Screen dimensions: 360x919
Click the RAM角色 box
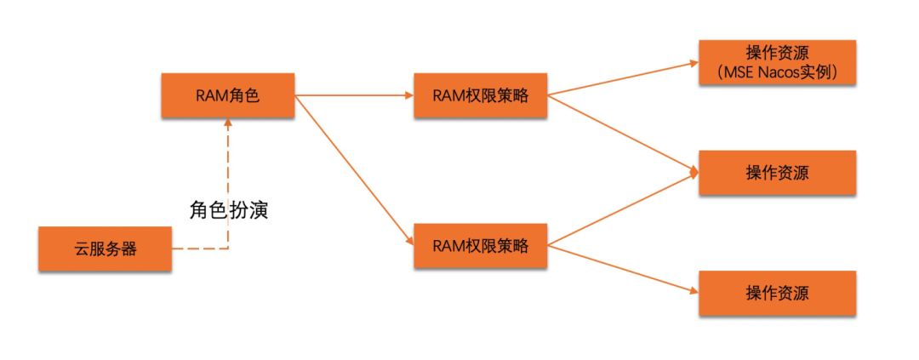[227, 96]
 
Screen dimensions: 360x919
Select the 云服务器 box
[105, 249]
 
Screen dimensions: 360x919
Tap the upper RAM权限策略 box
[480, 96]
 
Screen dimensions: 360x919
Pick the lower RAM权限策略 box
[480, 247]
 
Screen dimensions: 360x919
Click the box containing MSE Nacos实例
[776, 62]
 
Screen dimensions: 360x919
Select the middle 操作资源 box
[776, 173]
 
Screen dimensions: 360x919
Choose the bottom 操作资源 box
[776, 294]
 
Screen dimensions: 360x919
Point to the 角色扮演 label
[229, 209]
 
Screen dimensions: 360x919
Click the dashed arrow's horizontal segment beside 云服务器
[200, 249]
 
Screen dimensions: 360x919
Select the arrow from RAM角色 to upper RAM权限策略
[354, 95]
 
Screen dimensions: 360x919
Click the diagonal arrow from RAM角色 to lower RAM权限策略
[354, 170]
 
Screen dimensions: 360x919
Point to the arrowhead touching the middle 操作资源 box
[694, 173]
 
